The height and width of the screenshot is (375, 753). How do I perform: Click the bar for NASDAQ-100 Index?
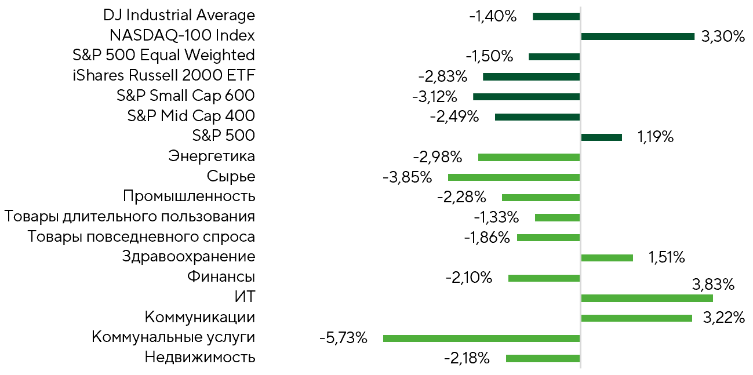(x=638, y=37)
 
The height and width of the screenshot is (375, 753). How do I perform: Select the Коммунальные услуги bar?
(x=481, y=338)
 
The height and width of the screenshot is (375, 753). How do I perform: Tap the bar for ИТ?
(x=647, y=298)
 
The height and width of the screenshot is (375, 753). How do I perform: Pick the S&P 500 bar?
(x=601, y=137)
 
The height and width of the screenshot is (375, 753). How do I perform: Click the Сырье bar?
(x=514, y=177)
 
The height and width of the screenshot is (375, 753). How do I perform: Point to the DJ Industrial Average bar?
(x=556, y=16)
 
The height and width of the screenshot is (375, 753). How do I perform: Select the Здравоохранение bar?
(x=607, y=258)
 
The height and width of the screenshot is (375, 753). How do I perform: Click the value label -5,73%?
(x=343, y=338)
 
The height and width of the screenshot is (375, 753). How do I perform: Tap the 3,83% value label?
(x=713, y=285)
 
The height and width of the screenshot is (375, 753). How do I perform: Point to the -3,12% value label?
(x=435, y=97)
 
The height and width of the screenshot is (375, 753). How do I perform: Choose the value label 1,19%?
(x=656, y=137)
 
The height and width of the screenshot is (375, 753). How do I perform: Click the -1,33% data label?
(x=497, y=217)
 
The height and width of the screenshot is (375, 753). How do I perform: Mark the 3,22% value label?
(x=724, y=318)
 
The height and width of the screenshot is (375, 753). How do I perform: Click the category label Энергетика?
(x=212, y=156)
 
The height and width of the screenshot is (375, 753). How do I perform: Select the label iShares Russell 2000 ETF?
(x=164, y=75)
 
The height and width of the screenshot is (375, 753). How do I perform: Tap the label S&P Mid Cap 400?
(x=191, y=116)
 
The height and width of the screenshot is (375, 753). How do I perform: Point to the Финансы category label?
(x=221, y=277)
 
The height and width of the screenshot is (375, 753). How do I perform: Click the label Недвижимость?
(x=200, y=357)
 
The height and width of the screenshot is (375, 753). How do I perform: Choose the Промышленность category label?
(x=189, y=196)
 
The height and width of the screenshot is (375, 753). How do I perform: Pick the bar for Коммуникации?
(x=636, y=318)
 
